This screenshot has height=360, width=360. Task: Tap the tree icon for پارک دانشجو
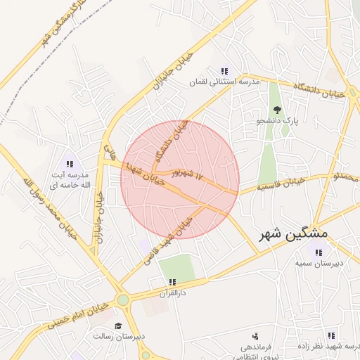click(278, 109)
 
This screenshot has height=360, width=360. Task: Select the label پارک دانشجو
click(278, 121)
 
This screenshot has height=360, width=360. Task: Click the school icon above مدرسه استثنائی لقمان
click(224, 71)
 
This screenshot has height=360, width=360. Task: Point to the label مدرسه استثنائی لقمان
click(224, 82)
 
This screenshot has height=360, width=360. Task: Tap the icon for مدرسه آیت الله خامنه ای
click(70, 164)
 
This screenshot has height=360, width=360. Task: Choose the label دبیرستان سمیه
click(319, 264)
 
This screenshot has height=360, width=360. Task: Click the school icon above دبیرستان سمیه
click(319, 252)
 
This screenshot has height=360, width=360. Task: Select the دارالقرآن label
click(172, 292)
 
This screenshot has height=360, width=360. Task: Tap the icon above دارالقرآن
click(172, 282)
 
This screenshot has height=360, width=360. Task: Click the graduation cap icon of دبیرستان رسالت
click(118, 326)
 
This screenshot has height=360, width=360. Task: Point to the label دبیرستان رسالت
click(120, 337)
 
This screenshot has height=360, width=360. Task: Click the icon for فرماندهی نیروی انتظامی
click(254, 336)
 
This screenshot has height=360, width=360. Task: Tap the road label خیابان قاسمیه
click(280, 184)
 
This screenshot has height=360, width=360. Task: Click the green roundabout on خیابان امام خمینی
click(124, 301)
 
